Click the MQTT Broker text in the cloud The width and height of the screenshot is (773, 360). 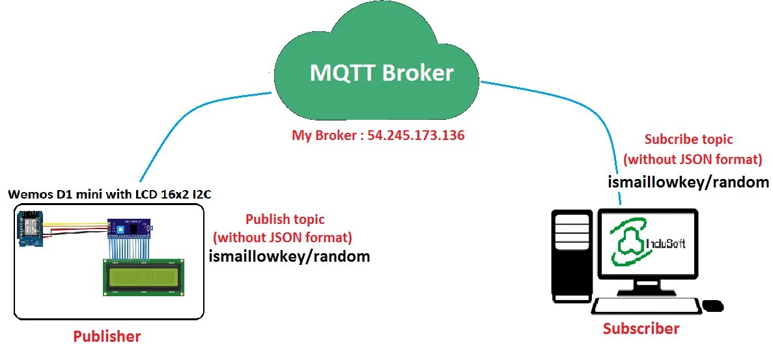(381, 73)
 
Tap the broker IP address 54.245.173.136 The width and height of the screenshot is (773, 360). (415, 136)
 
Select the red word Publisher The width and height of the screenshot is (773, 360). (107, 337)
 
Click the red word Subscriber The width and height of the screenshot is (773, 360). (641, 329)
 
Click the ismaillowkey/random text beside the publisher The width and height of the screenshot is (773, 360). (289, 256)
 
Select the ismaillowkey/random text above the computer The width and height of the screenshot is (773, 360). (688, 182)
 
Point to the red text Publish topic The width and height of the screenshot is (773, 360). (285, 219)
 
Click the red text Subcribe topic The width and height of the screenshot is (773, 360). (688, 139)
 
